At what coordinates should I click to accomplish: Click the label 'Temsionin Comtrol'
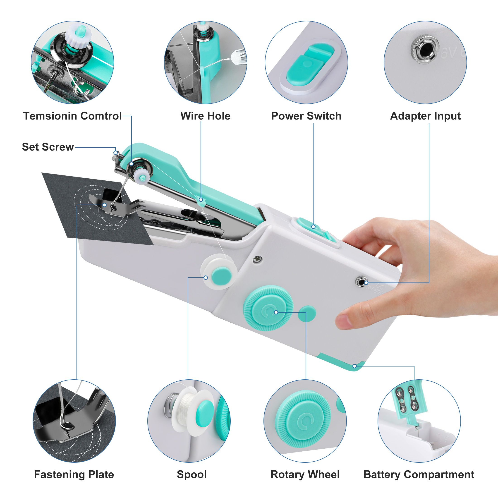72,116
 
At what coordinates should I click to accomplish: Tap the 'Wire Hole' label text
206,116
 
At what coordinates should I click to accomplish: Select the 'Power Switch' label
306,116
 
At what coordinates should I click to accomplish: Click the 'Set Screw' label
48,147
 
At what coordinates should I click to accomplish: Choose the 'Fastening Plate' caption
74,474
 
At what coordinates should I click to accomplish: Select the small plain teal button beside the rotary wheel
307,314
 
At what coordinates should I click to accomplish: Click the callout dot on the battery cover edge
355,366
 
